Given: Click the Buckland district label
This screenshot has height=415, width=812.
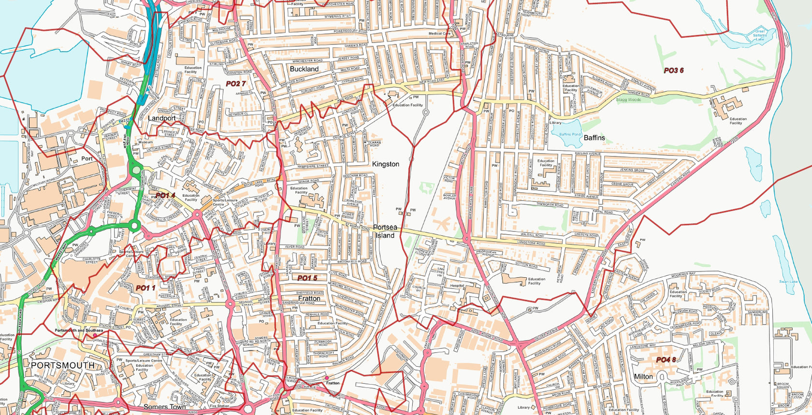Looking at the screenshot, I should click(304, 69).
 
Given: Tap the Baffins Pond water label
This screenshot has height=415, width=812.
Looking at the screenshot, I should click(570, 134).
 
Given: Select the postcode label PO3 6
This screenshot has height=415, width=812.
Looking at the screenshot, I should click(673, 71).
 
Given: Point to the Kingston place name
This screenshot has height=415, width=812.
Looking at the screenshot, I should click(385, 164).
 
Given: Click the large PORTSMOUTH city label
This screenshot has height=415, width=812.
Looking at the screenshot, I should click(63, 365).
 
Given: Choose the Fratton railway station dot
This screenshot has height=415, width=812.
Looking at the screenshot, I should click(327, 378).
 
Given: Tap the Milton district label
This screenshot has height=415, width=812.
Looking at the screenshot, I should click(643, 376).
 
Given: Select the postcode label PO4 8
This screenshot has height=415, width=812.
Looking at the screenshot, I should click(666, 360).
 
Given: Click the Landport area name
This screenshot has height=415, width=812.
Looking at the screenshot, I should click(161, 118).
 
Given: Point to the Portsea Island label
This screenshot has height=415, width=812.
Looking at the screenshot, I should click(385, 231).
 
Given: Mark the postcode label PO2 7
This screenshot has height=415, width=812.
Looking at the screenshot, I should click(236, 84).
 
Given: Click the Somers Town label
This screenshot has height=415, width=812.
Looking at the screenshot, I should click(165, 407).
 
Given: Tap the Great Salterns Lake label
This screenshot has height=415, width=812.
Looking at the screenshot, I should click(760, 35).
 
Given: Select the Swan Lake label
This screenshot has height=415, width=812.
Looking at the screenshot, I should click(788, 282).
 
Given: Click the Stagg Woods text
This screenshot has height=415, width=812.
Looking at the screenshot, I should click(628, 100).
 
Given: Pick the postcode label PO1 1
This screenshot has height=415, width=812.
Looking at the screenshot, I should click(145, 288).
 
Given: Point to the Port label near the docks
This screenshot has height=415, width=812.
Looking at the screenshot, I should click(87, 158).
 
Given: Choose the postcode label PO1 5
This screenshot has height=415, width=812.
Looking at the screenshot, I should click(307, 278).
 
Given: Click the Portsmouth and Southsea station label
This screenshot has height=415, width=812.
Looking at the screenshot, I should click(78, 330).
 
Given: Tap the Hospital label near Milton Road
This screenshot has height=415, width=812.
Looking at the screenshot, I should click(457, 286).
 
